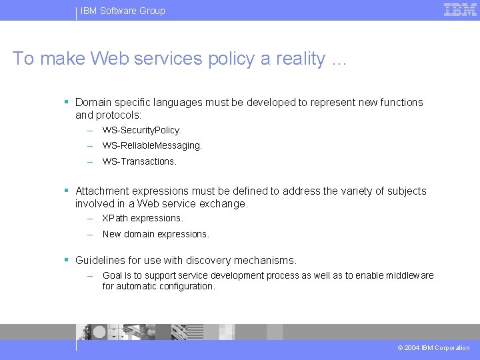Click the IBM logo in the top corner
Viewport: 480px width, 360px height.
click(x=460, y=10)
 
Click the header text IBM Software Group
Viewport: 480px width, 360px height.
click(x=123, y=11)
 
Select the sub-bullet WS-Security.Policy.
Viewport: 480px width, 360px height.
click(x=142, y=130)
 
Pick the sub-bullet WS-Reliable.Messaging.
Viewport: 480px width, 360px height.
click(x=152, y=145)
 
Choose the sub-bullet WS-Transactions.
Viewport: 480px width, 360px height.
click(x=139, y=161)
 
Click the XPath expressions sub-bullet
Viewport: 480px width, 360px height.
click(x=143, y=218)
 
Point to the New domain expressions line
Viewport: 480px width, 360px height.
click(x=156, y=234)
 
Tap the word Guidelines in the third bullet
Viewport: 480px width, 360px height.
click(x=102, y=260)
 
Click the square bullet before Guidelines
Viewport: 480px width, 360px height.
click(x=67, y=259)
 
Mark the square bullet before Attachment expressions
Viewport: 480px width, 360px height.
click(x=67, y=190)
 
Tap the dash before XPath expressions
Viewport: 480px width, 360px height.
click(x=89, y=218)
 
